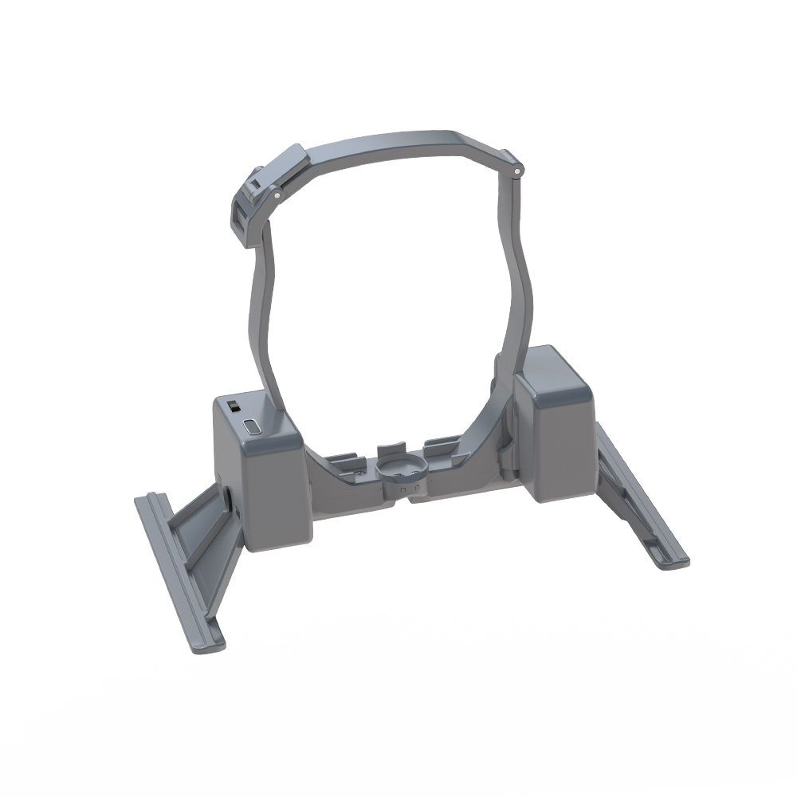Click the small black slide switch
coord(235,406)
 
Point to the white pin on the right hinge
coord(518,170)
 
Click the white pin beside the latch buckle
coord(277,193)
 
